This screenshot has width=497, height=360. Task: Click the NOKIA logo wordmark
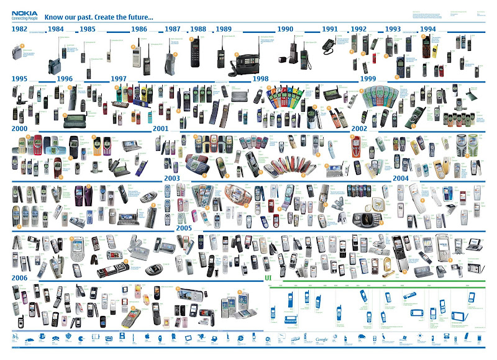coord(24,12)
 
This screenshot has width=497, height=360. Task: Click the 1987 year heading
coord(173,29)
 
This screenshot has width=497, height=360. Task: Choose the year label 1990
coord(286,29)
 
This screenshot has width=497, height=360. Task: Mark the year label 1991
coord(330,29)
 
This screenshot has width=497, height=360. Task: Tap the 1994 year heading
coord(428,29)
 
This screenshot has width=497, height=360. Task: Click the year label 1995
coord(20,79)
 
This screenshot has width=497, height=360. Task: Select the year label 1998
coord(260,79)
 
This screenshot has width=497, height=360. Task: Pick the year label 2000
coord(20,128)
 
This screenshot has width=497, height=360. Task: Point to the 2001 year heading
coord(161,128)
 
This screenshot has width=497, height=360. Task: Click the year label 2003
coord(172,178)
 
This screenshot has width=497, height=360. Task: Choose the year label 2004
coord(400,178)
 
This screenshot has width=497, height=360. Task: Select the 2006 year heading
coord(20,279)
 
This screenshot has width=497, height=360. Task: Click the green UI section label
coord(268,277)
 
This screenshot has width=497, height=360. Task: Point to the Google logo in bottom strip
coord(321,340)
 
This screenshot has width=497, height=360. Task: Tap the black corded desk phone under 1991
coord(328,45)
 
